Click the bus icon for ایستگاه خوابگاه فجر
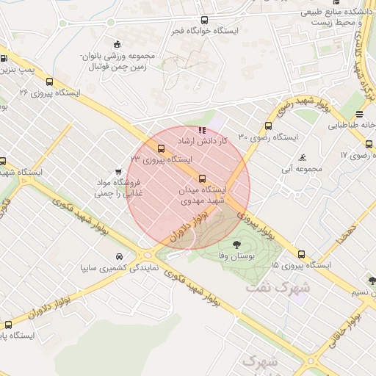(203, 21)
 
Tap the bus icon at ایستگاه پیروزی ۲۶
(49, 82)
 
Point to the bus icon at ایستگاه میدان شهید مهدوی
(202, 178)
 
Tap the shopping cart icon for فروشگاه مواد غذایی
(118, 172)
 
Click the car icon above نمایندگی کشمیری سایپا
(119, 256)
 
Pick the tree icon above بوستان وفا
(236, 244)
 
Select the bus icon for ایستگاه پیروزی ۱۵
(301, 253)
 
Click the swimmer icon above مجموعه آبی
(303, 158)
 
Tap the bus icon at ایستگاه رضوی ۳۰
(268, 126)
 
